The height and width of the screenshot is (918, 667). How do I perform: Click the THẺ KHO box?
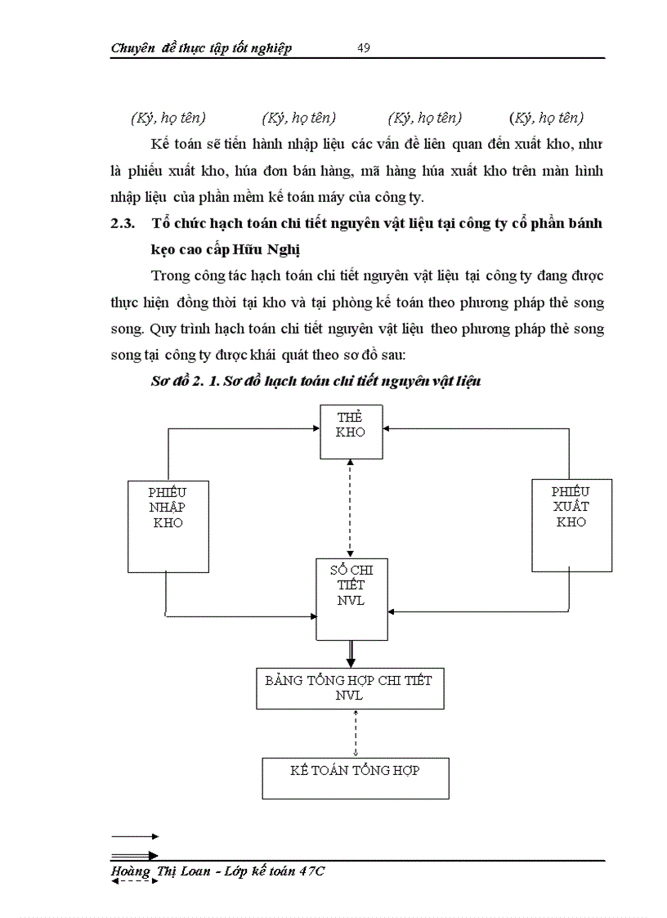point(351,431)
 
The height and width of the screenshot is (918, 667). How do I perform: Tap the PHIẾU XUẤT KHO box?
point(571,524)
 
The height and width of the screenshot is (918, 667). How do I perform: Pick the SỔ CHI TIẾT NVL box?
point(351,599)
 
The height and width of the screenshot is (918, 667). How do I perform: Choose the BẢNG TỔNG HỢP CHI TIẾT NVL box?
point(349,687)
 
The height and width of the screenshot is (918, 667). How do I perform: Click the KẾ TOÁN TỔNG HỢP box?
point(355,777)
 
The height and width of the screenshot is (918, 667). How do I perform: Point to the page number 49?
point(365,48)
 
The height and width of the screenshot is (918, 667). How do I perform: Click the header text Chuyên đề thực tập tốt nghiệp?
point(201,48)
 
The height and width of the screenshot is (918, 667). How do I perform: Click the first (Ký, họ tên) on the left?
point(168,118)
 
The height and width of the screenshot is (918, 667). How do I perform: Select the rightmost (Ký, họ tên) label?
point(547,118)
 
